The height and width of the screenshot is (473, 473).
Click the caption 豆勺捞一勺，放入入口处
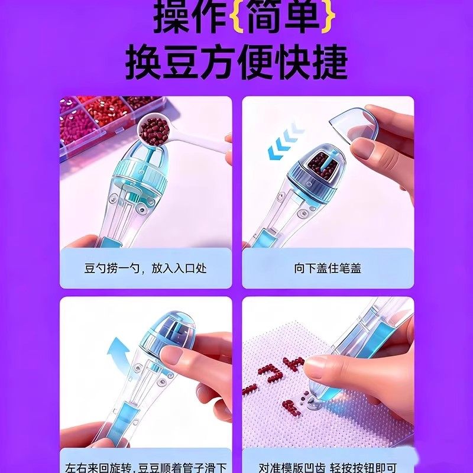pos(145,268)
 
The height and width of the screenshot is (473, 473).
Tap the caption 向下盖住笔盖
pos(328,268)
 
